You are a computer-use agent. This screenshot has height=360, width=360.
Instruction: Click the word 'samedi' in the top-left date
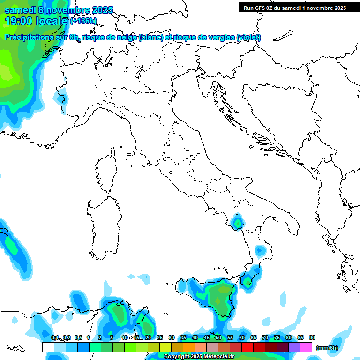point(21,10)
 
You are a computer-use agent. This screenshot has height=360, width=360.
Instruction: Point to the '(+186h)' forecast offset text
point(83,21)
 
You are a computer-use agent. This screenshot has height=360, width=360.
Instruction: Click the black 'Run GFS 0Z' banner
point(294,7)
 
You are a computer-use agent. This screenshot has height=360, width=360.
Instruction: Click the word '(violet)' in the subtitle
point(248,37)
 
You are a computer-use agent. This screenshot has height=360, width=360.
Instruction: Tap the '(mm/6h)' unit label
point(327,348)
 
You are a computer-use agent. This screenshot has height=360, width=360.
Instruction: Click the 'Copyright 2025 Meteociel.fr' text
point(199,357)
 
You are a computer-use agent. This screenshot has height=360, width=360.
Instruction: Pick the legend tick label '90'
point(312,337)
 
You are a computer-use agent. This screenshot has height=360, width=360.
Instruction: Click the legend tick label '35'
point(183,337)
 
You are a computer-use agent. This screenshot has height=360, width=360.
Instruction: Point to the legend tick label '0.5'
point(78,337)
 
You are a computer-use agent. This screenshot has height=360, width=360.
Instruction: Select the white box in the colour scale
point(48,347)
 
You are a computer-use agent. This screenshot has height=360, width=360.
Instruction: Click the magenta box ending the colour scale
point(306,347)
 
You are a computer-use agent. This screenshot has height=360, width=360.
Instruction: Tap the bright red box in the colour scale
point(247,347)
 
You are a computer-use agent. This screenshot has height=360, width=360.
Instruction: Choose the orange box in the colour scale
point(188,347)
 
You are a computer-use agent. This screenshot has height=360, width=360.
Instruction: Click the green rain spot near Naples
point(238,223)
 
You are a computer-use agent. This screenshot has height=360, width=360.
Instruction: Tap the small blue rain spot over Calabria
point(259,251)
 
